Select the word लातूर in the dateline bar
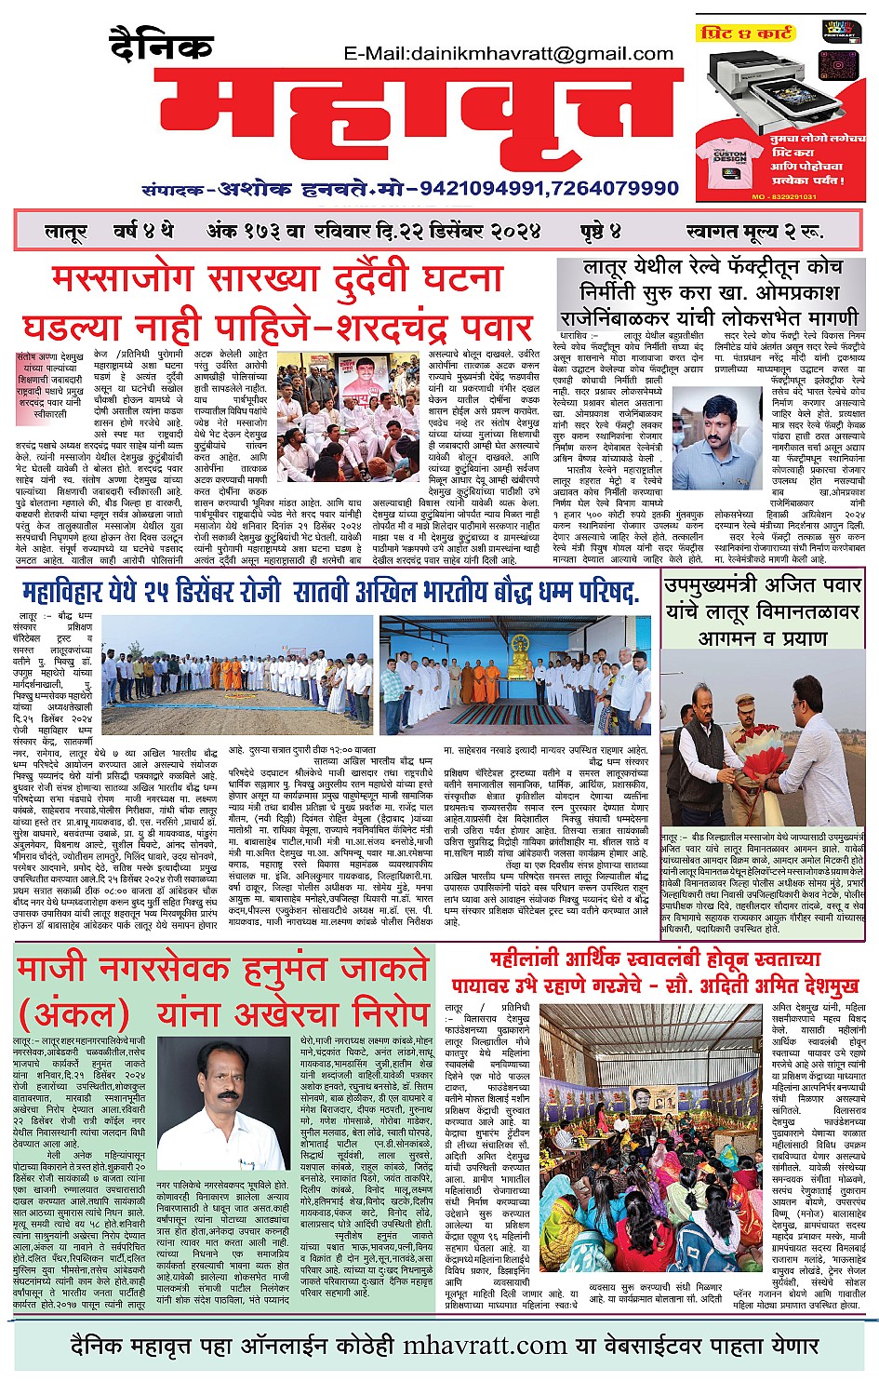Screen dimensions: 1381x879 66,231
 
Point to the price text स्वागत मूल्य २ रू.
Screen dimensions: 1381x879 753,231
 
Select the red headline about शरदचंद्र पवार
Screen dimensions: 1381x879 279,303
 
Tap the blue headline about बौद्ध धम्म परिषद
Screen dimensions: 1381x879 330,592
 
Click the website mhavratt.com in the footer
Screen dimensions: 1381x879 485,1346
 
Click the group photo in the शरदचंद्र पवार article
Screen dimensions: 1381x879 348,403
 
